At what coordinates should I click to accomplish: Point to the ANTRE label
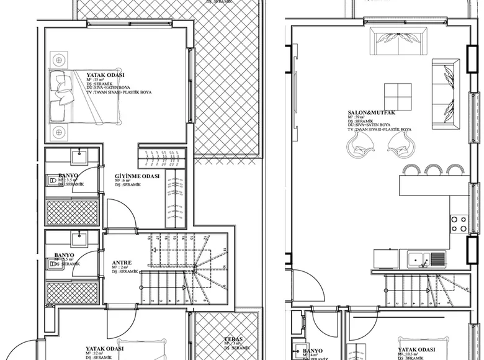click(122, 263)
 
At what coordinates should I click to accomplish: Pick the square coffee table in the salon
click(397, 97)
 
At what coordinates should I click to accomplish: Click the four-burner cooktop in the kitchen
click(459, 224)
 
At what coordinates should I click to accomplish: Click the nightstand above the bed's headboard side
click(59, 61)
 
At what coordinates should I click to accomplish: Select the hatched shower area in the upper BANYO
click(72, 212)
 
